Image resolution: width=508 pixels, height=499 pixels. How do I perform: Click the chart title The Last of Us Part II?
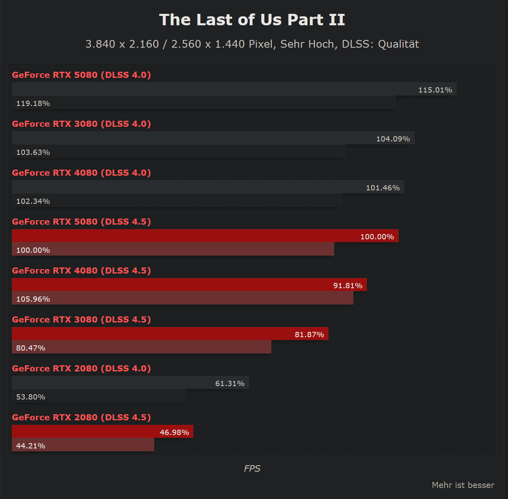point(252,20)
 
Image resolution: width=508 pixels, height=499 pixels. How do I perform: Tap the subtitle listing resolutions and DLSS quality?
point(252,44)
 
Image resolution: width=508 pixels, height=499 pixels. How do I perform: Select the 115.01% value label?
point(435,90)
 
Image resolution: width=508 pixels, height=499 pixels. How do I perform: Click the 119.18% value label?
point(33,104)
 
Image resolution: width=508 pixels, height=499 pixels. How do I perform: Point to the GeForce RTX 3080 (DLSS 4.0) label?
point(81,124)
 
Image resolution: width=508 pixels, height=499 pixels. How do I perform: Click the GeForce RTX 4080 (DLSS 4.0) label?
point(81,173)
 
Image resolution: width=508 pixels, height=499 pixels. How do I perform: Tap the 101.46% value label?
point(382,188)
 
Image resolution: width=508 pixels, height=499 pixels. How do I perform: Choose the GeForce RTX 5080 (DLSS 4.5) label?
point(81,222)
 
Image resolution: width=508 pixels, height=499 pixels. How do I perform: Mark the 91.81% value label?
point(348,286)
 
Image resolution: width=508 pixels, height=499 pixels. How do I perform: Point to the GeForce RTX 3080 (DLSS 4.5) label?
point(81,320)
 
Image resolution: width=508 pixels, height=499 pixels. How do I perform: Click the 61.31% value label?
point(230,384)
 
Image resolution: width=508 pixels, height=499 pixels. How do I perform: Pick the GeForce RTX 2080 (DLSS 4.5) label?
point(81,417)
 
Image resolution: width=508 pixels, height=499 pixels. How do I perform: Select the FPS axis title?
point(252,469)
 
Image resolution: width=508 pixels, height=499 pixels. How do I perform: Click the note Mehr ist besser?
point(463,485)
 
